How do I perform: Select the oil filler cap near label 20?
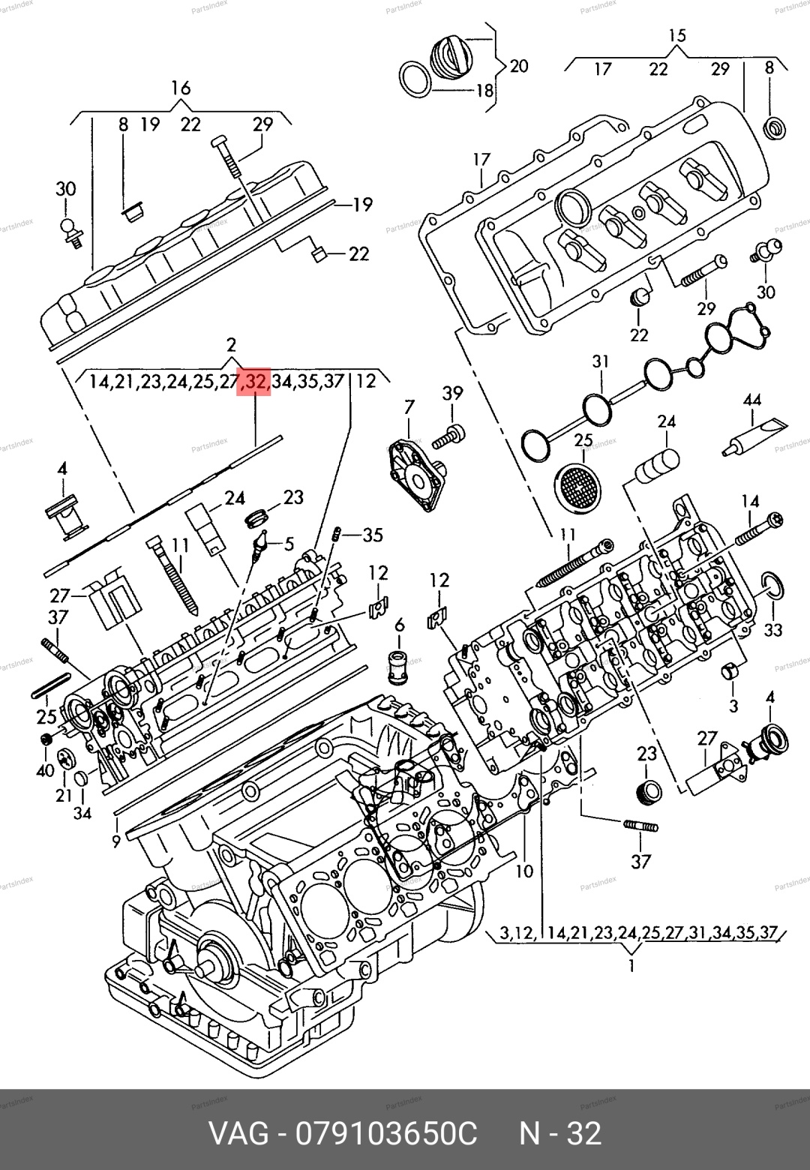[x=453, y=57]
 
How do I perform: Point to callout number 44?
[x=752, y=400]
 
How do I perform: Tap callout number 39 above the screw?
[x=452, y=393]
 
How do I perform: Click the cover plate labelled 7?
[x=417, y=475]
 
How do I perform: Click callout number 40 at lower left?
[x=46, y=770]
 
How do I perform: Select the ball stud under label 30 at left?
[x=70, y=232]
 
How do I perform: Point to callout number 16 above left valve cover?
[x=181, y=88]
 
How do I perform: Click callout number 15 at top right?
[x=676, y=35]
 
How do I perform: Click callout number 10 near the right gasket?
[x=524, y=870]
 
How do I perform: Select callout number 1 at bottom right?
[x=632, y=966]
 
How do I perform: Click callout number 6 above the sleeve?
[x=400, y=625]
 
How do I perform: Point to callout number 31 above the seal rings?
[x=601, y=361]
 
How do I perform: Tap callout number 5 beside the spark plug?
[x=289, y=544]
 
